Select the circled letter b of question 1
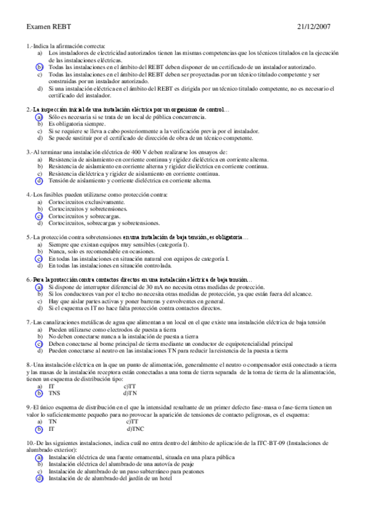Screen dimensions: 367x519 (39, 67)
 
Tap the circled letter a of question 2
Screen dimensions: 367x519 (39, 116)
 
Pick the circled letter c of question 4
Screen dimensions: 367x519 (39, 216)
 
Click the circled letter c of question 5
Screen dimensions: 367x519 (39, 259)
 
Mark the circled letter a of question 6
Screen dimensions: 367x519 (39, 287)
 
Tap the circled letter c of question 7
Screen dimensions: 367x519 (39, 344)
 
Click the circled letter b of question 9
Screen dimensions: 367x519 (39, 430)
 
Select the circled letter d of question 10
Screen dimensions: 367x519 (39, 479)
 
